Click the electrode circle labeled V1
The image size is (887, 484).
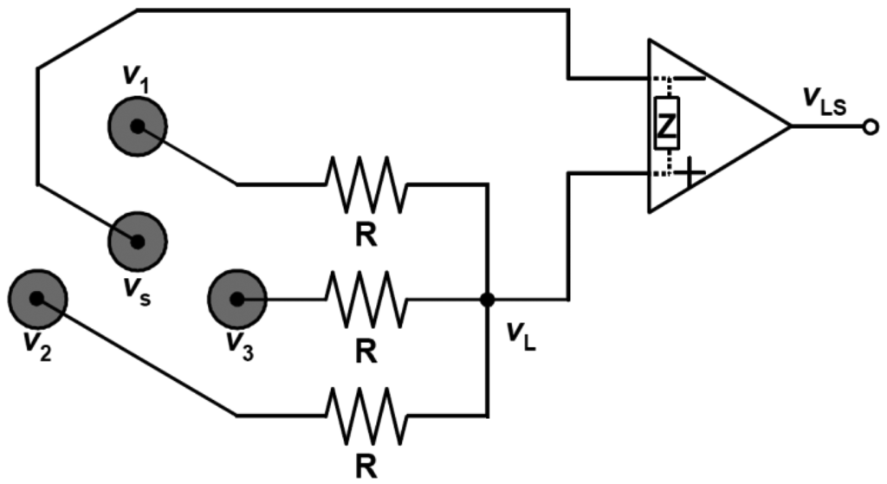click(137, 126)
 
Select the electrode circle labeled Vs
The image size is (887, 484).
click(137, 240)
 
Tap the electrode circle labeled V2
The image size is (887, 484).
click(36, 298)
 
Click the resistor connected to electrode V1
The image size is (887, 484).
click(365, 184)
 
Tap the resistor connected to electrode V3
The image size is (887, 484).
click(365, 299)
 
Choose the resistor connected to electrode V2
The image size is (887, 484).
click(365, 416)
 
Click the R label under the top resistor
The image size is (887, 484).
click(366, 236)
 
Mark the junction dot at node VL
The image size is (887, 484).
click(488, 300)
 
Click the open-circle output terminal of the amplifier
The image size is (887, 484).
click(870, 126)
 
